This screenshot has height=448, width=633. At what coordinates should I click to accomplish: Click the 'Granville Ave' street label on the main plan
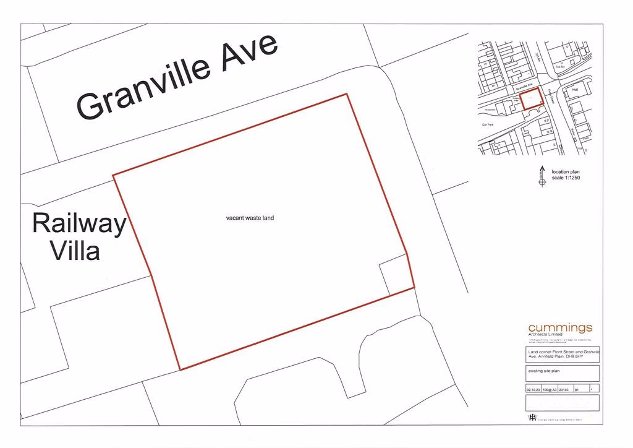point(178,78)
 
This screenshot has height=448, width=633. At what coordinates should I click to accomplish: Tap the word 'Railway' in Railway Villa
point(79,223)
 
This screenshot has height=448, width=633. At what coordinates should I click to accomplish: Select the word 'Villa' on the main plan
point(75,251)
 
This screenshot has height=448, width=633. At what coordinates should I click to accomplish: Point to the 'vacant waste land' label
point(250,218)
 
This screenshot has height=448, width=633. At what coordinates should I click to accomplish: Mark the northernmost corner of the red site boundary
point(347,94)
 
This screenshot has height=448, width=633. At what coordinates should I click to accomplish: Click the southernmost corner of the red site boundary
point(180,369)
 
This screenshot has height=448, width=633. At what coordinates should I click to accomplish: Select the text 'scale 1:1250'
point(566,178)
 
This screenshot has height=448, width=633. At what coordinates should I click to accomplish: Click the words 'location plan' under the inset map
point(566,172)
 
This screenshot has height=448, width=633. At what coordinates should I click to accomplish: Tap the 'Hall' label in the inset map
point(574,90)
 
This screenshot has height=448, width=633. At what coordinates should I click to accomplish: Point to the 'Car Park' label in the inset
point(488,124)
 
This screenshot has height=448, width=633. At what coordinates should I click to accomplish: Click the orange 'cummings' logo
point(560,327)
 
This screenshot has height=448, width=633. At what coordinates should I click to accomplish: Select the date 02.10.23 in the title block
point(532,390)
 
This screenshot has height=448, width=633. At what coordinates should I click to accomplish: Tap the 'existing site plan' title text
point(543,371)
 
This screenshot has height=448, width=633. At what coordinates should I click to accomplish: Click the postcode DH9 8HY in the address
point(575,357)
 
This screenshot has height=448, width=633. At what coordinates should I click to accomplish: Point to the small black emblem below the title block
point(532,418)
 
